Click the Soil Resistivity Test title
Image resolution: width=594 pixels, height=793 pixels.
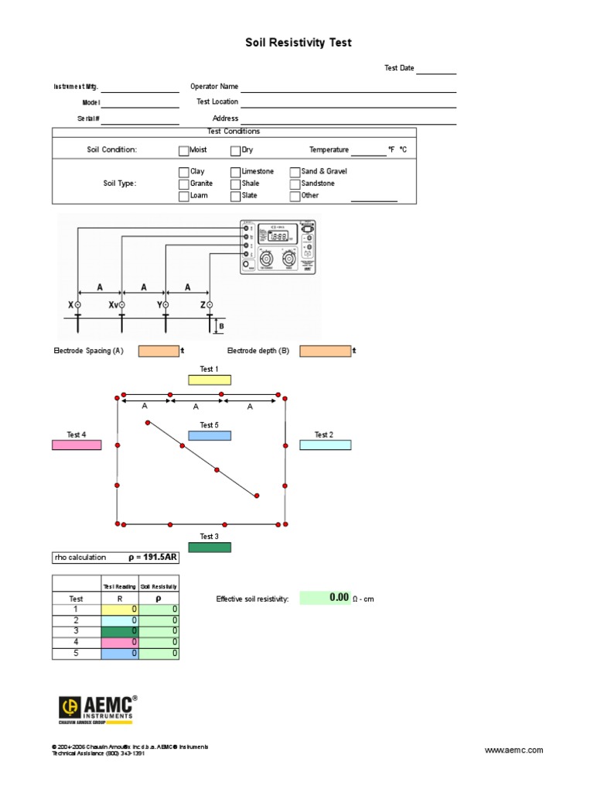pos(299,43)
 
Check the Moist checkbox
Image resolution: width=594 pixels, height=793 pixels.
pos(183,150)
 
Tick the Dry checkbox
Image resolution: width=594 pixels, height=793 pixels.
pos(235,150)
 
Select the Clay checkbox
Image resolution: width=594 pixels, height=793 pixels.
pos(183,172)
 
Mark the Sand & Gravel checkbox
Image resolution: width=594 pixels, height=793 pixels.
pos(295,172)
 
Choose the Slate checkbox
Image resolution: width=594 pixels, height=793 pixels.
pos(235,197)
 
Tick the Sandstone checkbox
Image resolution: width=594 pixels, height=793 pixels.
pos(295,184)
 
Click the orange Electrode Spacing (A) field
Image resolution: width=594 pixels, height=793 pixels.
pos(159,351)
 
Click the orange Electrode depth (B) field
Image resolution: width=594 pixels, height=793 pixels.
pos(325,351)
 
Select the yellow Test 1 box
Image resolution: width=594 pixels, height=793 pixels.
pos(209,379)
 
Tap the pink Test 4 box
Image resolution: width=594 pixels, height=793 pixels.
pos(77,445)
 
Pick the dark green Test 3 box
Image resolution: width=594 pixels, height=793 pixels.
pos(209,548)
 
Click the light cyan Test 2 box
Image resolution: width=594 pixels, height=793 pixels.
pos(325,445)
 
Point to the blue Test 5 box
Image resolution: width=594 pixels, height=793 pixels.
pos(209,435)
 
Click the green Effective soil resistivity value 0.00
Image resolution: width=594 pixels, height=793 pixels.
pos(325,598)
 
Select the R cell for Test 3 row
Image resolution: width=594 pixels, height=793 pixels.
pos(120,631)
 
